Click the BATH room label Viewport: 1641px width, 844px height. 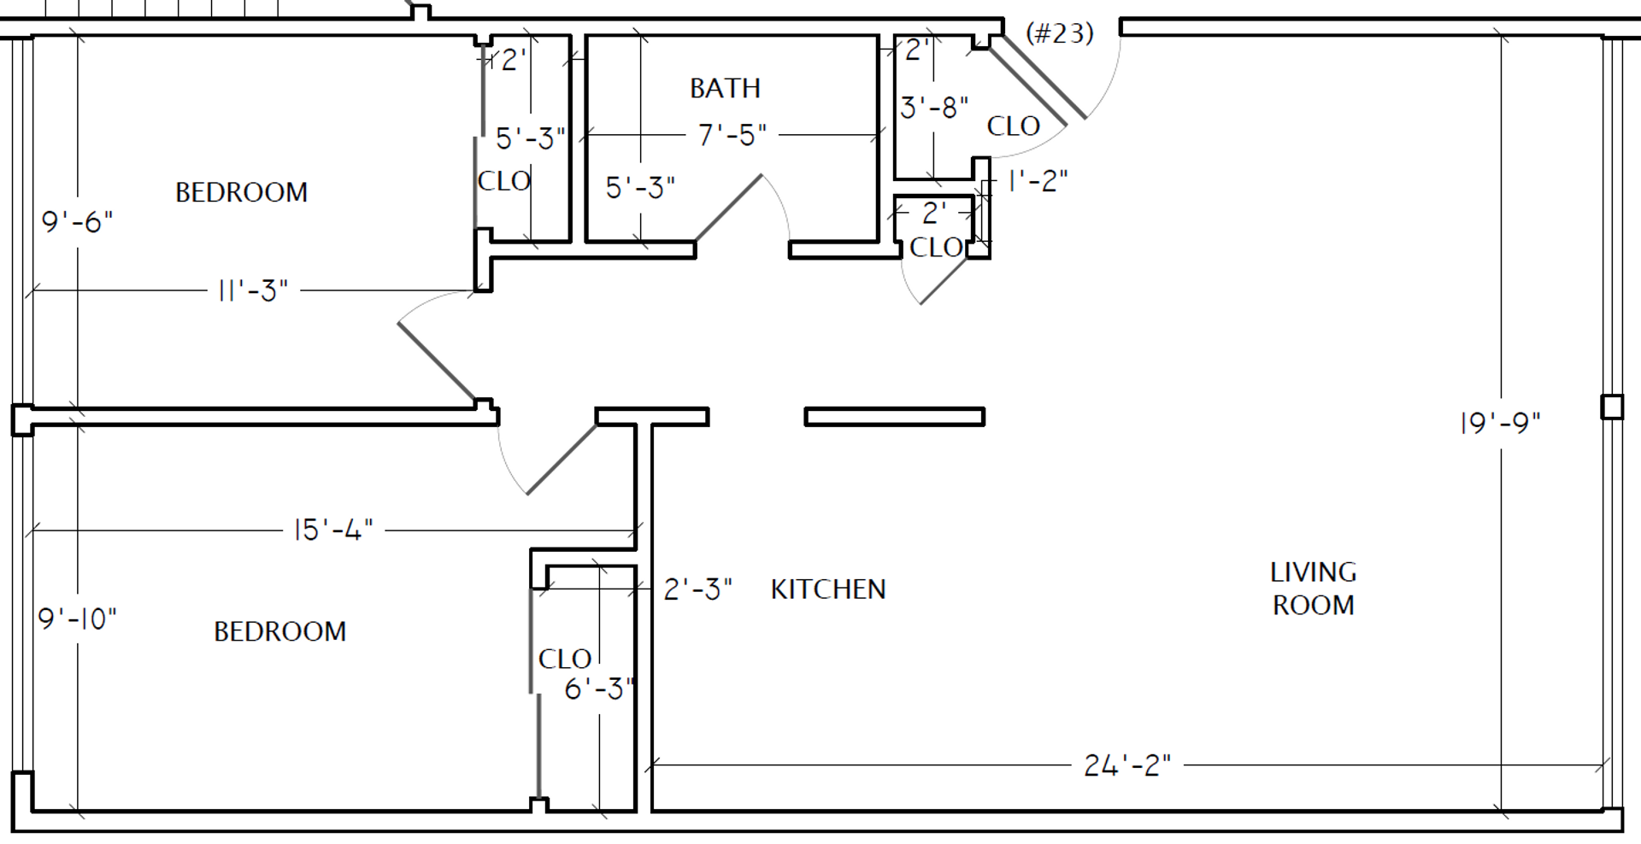(725, 88)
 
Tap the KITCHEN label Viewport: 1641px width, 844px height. (828, 589)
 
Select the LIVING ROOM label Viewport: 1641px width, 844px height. (1313, 589)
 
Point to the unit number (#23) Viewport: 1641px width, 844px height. (1060, 33)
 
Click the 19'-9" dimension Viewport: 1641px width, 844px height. (1500, 423)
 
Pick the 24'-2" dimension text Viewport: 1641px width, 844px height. (1127, 765)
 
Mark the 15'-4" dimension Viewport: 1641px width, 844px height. (333, 530)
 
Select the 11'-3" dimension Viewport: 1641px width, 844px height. (253, 290)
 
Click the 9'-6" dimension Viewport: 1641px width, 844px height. (77, 222)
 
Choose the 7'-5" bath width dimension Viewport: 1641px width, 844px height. (732, 135)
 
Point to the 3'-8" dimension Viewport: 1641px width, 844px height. (934, 108)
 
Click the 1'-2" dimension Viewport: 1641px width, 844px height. (1038, 181)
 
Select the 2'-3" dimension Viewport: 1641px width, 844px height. (697, 589)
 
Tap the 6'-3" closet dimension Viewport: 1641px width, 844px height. (599, 689)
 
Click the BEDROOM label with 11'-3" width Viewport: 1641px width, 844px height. (241, 192)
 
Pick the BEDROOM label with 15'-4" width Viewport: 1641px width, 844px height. (279, 631)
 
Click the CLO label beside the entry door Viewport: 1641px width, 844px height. (1013, 126)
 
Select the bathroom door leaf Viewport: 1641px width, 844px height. (728, 208)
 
